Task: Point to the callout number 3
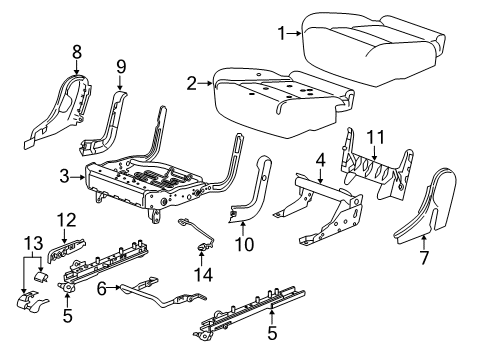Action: [x=63, y=176]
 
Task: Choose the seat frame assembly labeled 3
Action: [x=150, y=180]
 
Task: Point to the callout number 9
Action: [x=121, y=68]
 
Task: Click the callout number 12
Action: [x=65, y=219]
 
